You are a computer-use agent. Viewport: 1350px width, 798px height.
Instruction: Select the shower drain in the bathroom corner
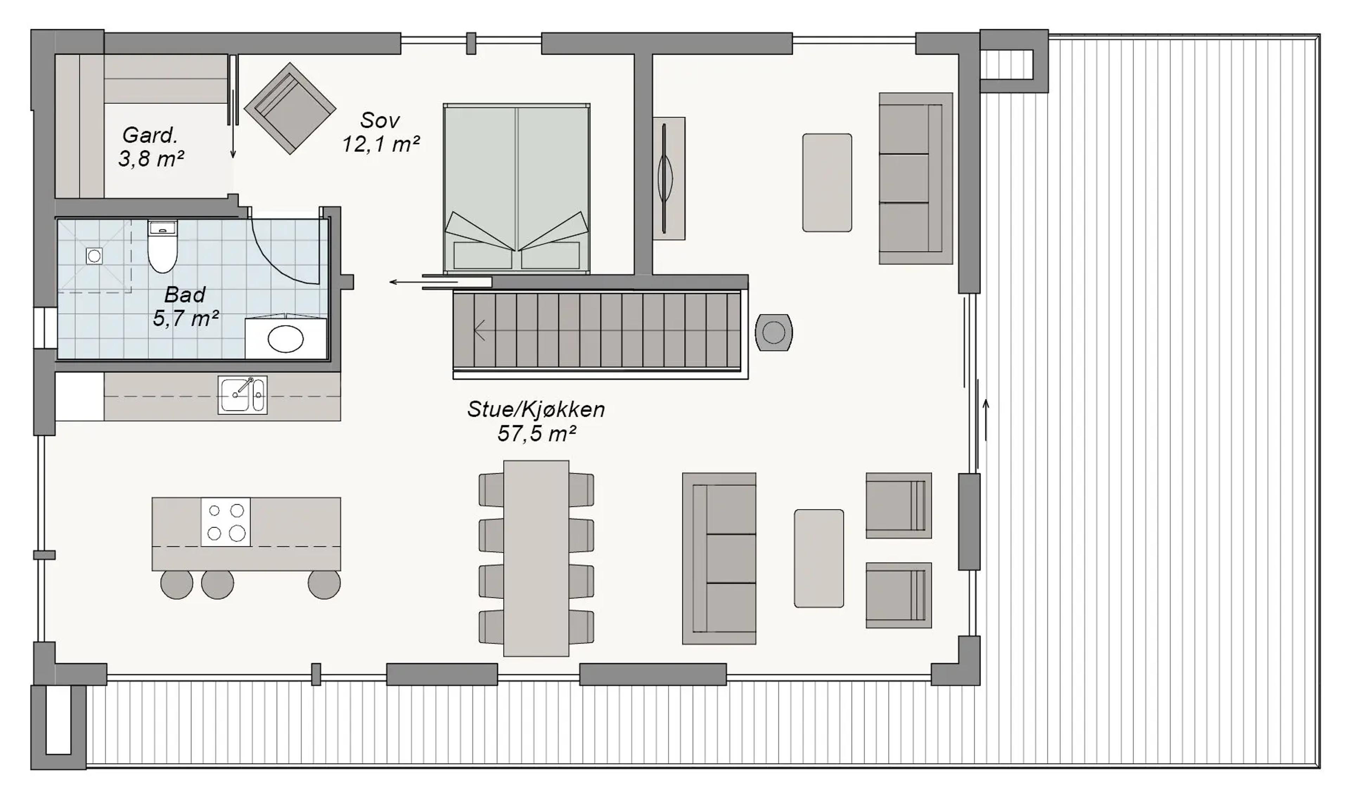click(94, 256)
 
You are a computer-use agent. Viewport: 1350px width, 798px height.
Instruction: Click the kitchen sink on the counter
click(243, 395)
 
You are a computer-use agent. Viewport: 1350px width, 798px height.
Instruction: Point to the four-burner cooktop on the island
click(226, 522)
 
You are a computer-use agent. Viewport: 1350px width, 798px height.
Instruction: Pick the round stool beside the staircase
click(774, 333)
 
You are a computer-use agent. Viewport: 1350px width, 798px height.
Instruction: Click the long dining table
click(536, 558)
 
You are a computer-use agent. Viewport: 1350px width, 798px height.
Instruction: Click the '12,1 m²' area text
click(381, 144)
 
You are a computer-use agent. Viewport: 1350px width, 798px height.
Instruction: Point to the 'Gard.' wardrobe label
click(150, 135)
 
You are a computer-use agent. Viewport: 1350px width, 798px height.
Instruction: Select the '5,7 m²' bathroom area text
click(186, 318)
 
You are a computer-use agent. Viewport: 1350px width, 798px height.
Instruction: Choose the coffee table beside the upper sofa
click(827, 183)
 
